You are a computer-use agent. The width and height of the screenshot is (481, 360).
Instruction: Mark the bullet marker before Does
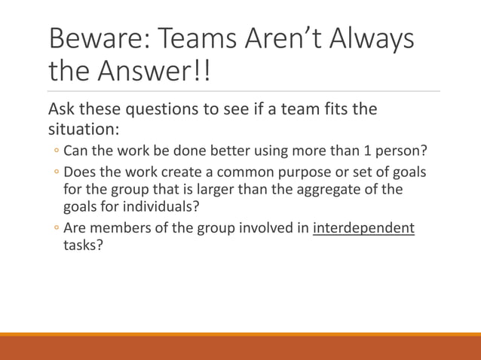(x=56, y=173)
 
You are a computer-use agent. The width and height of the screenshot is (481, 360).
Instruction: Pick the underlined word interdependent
(x=363, y=228)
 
